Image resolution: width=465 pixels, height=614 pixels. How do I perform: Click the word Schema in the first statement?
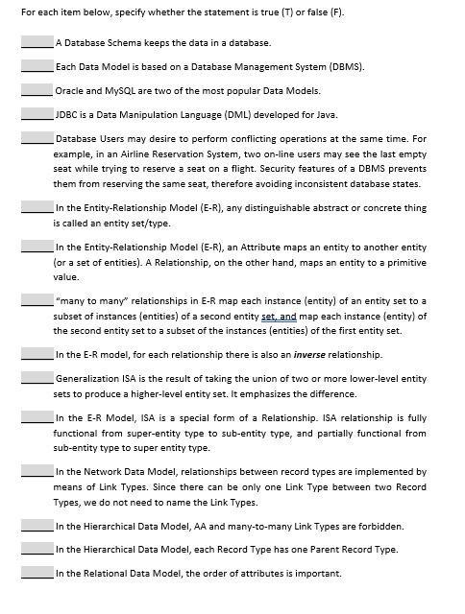click(123, 43)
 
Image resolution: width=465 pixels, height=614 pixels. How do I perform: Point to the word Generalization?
click(87, 379)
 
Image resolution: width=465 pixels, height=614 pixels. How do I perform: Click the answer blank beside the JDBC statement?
click(37, 114)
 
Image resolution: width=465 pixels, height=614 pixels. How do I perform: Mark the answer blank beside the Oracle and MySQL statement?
click(37, 90)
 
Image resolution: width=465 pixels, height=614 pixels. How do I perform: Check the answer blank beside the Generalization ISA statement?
click(37, 379)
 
